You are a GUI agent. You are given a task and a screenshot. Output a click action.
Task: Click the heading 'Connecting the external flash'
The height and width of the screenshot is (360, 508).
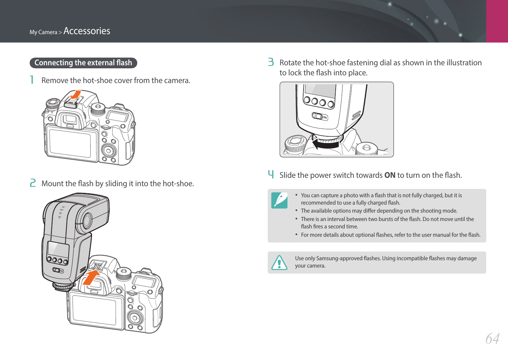pos(83,63)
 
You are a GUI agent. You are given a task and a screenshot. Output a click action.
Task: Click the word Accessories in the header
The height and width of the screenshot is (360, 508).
pos(87,31)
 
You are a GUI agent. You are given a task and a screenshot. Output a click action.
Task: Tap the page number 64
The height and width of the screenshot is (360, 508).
pos(492,339)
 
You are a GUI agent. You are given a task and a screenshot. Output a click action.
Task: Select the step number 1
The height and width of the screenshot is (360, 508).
pos(32,80)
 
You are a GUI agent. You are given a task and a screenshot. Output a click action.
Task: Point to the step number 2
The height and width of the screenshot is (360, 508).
pos(32,183)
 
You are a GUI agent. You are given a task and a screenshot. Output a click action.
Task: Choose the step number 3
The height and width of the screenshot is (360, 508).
pos(271,62)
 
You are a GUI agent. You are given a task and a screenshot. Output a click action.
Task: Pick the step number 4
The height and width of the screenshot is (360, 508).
pos(271,174)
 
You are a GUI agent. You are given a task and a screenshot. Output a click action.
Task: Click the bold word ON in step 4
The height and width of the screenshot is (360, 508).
pos(390,175)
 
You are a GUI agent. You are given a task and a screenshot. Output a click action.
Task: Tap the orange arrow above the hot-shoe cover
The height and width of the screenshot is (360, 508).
pos(76,95)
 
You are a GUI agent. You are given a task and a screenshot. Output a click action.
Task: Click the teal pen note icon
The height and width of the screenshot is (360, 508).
pos(279,200)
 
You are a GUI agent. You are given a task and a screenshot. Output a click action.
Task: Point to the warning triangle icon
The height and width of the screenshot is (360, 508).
pos(279,263)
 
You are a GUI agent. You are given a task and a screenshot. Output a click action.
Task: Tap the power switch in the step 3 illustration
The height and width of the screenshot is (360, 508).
pos(320,117)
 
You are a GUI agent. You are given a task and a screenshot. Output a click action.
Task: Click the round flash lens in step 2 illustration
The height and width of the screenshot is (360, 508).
pos(87,221)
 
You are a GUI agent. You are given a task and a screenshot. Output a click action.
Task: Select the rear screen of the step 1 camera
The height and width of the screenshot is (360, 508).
pos(70,143)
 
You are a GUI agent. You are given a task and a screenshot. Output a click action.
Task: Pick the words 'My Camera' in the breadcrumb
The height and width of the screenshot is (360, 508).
pos(43,32)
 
